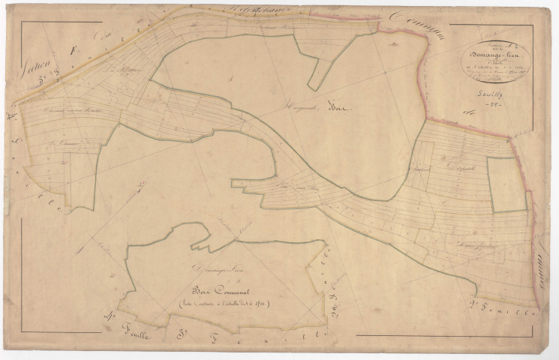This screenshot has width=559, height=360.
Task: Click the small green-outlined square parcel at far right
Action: [x=507, y=184]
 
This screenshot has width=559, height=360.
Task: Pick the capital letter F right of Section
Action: [x=73, y=51]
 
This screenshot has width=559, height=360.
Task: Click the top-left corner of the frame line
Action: [x=21, y=22]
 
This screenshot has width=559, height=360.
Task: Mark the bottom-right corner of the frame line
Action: [x=533, y=335]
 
